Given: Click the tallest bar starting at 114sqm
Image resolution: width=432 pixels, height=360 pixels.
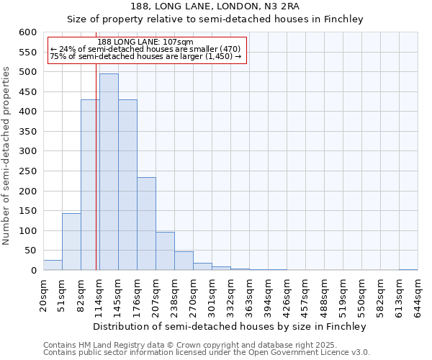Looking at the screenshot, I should [x=109, y=172].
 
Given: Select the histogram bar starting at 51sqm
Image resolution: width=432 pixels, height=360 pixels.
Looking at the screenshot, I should [x=71, y=242].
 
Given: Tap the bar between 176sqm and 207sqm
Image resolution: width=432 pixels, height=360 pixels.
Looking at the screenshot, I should [x=146, y=224].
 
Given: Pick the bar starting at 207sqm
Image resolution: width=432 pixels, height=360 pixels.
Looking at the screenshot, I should [x=165, y=251].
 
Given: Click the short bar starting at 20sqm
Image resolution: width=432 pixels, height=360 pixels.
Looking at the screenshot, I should [x=53, y=265].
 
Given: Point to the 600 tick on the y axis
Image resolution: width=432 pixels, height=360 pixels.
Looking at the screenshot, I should [x=27, y=32].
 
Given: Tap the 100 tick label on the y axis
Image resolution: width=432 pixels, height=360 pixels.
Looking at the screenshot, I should [x=27, y=231].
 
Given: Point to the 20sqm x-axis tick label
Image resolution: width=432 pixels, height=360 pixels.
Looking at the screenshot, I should [x=43, y=296].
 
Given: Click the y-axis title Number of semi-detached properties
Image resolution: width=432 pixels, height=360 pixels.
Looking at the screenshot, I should [x=6, y=156].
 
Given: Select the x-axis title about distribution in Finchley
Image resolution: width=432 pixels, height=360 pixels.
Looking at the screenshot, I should [x=230, y=327].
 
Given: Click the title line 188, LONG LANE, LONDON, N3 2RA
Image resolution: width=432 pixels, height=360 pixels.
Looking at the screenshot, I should [x=215, y=7].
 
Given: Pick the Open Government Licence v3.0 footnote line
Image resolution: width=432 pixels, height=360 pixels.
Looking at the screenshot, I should [x=207, y=353].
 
